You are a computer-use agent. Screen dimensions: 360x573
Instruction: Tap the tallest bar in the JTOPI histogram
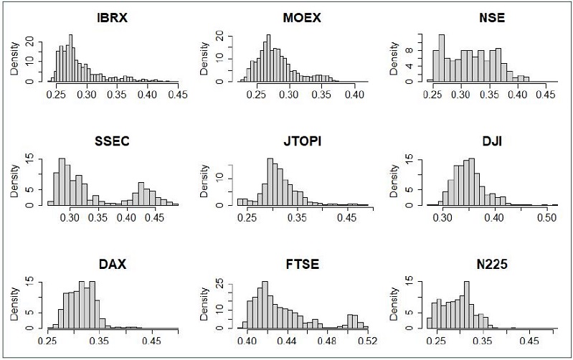(270, 182)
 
